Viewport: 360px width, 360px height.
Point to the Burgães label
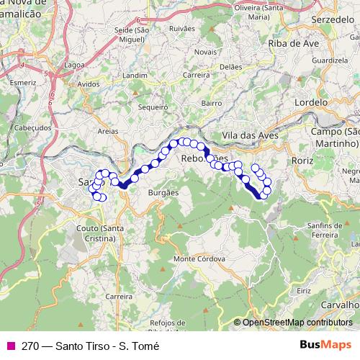tap(162, 194)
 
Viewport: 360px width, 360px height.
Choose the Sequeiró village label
tap(152, 106)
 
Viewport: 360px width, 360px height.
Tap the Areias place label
tap(107, 132)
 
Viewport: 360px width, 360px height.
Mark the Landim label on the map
tap(135, 74)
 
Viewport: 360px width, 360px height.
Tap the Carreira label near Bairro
tap(197, 75)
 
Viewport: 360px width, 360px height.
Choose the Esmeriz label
tap(23, 84)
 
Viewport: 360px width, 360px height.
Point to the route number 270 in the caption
tap(30, 346)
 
